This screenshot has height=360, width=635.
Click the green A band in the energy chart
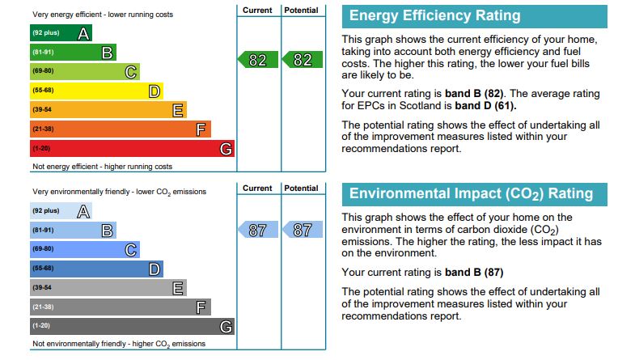tap(61, 34)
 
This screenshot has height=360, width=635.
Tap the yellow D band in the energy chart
tap(96, 91)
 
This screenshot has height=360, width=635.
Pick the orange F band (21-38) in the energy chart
tap(121, 129)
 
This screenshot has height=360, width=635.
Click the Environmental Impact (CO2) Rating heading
tap(471, 194)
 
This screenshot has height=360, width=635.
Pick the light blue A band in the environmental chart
tap(61, 211)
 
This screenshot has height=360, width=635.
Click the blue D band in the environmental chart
tap(96, 269)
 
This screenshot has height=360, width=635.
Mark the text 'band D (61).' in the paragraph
tap(485, 105)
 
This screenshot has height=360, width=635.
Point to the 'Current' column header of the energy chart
tap(257, 10)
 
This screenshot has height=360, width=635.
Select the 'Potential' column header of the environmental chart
tap(302, 188)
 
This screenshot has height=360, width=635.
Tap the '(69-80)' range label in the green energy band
tap(43, 72)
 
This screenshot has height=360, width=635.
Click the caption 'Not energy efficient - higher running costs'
tap(102, 167)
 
